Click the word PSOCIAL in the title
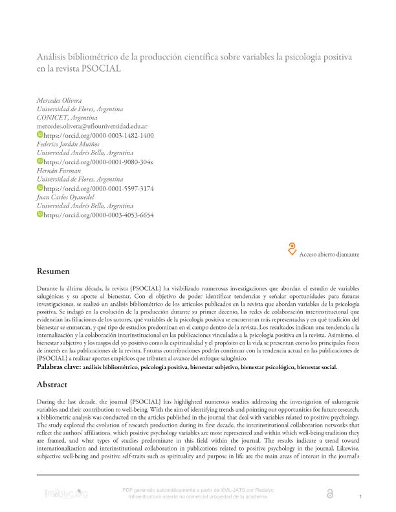(102, 69)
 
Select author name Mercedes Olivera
(60, 102)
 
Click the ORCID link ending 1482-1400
(98, 136)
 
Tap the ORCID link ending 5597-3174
(98, 188)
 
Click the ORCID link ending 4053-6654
(98, 214)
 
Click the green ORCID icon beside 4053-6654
(39, 214)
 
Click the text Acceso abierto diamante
(329, 255)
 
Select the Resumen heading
(52, 272)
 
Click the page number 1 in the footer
(360, 495)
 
